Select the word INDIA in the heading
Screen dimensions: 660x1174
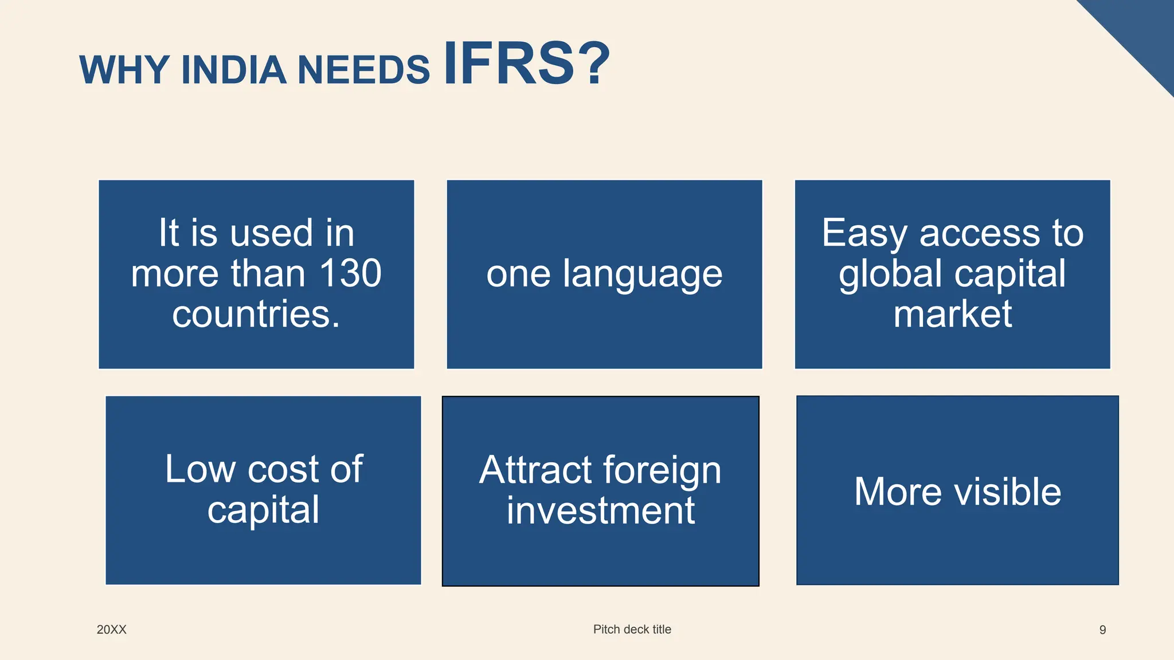(233, 70)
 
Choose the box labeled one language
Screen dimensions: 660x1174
(604, 274)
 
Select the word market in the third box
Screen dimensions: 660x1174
(953, 314)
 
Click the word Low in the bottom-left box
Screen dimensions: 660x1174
(200, 469)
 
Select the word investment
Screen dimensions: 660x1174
(600, 510)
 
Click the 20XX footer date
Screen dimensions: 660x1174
(111, 630)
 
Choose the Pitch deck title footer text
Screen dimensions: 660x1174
(632, 629)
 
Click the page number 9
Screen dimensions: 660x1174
(1102, 630)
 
